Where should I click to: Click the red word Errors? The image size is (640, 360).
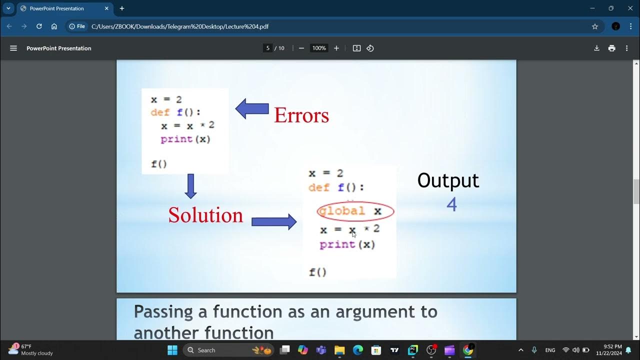301,115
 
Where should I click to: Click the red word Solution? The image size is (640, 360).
205,215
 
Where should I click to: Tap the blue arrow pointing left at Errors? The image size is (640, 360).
252,109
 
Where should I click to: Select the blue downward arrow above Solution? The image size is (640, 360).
190,186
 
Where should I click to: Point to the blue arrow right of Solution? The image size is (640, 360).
274,221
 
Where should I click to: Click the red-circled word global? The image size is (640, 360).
342,211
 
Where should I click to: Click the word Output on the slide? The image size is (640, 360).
448,180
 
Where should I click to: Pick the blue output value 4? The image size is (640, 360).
451,204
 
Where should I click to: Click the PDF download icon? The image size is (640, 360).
596,48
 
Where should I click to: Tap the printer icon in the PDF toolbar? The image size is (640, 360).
611,48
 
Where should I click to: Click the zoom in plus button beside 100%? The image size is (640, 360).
336,48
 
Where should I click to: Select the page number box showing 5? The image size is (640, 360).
268,48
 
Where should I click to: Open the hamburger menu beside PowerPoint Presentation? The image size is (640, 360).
13,48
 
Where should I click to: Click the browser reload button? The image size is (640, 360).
39,26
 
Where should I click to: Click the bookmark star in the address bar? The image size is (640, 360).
595,26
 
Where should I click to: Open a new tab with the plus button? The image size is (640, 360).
122,8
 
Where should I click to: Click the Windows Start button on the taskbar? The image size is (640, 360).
172,350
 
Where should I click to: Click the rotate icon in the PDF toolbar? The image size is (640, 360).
370,48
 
